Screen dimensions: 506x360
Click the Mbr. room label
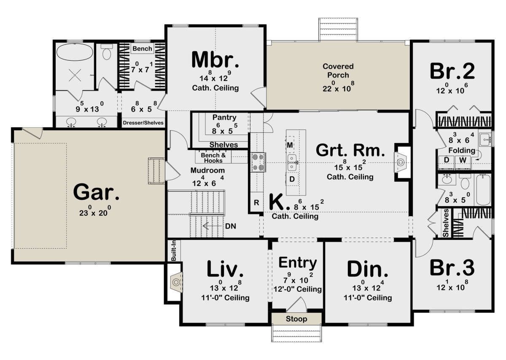point(215,59)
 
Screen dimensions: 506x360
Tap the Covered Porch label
point(338,71)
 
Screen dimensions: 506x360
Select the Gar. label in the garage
point(96,192)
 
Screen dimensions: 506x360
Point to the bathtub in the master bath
point(75,52)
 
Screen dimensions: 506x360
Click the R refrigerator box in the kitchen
point(256,203)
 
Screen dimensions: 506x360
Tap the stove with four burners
point(258,162)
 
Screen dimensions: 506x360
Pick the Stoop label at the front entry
point(296,319)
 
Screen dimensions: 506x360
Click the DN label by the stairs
point(230,226)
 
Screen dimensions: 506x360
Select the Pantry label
point(224,118)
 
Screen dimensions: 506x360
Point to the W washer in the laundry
point(463,160)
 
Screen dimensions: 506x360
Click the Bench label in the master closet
point(143,48)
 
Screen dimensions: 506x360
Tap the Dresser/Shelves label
point(143,123)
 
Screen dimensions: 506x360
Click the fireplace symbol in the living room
point(176,282)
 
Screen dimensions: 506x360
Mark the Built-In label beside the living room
point(174,250)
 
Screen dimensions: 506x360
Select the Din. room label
point(368,269)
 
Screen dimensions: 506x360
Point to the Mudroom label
point(207,170)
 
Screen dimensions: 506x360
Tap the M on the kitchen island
point(290,145)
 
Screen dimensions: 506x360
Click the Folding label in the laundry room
point(462,150)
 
